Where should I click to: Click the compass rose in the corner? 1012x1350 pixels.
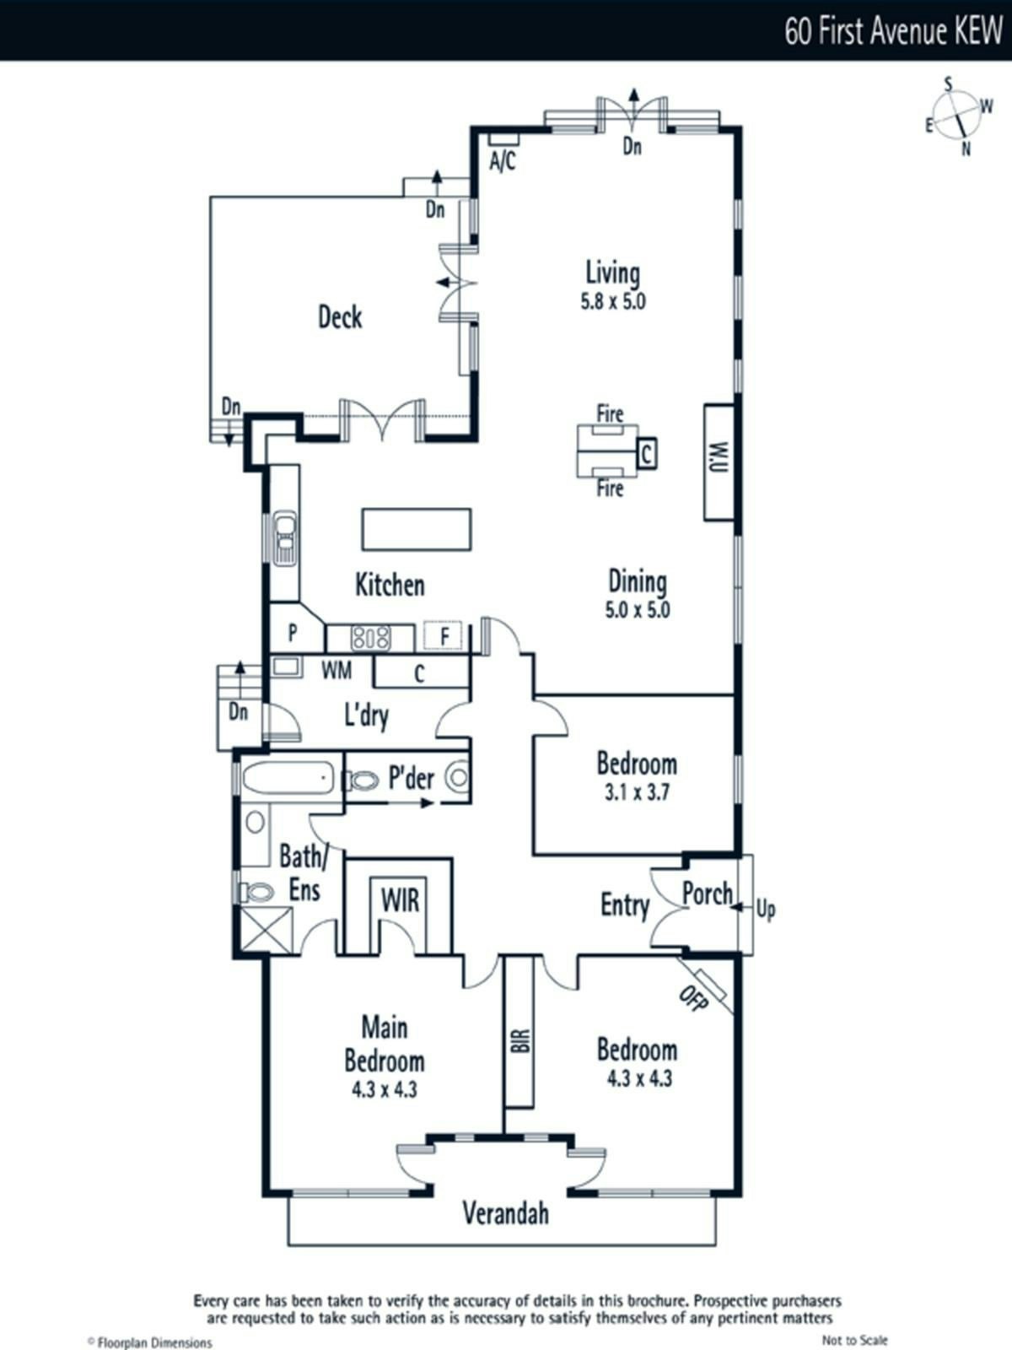click(958, 116)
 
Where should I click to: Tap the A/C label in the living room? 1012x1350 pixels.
click(503, 161)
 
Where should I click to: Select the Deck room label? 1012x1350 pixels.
click(340, 317)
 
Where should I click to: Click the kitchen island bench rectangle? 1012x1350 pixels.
click(417, 529)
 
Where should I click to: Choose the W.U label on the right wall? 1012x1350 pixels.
click(719, 457)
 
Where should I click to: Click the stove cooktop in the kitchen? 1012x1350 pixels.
click(370, 638)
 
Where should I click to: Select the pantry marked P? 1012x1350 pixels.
click(293, 632)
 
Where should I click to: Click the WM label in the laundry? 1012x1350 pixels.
click(336, 671)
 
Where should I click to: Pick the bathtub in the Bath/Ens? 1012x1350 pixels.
click(288, 778)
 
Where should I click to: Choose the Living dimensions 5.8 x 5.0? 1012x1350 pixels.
click(613, 302)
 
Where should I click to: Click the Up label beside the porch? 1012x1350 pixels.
click(766, 909)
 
